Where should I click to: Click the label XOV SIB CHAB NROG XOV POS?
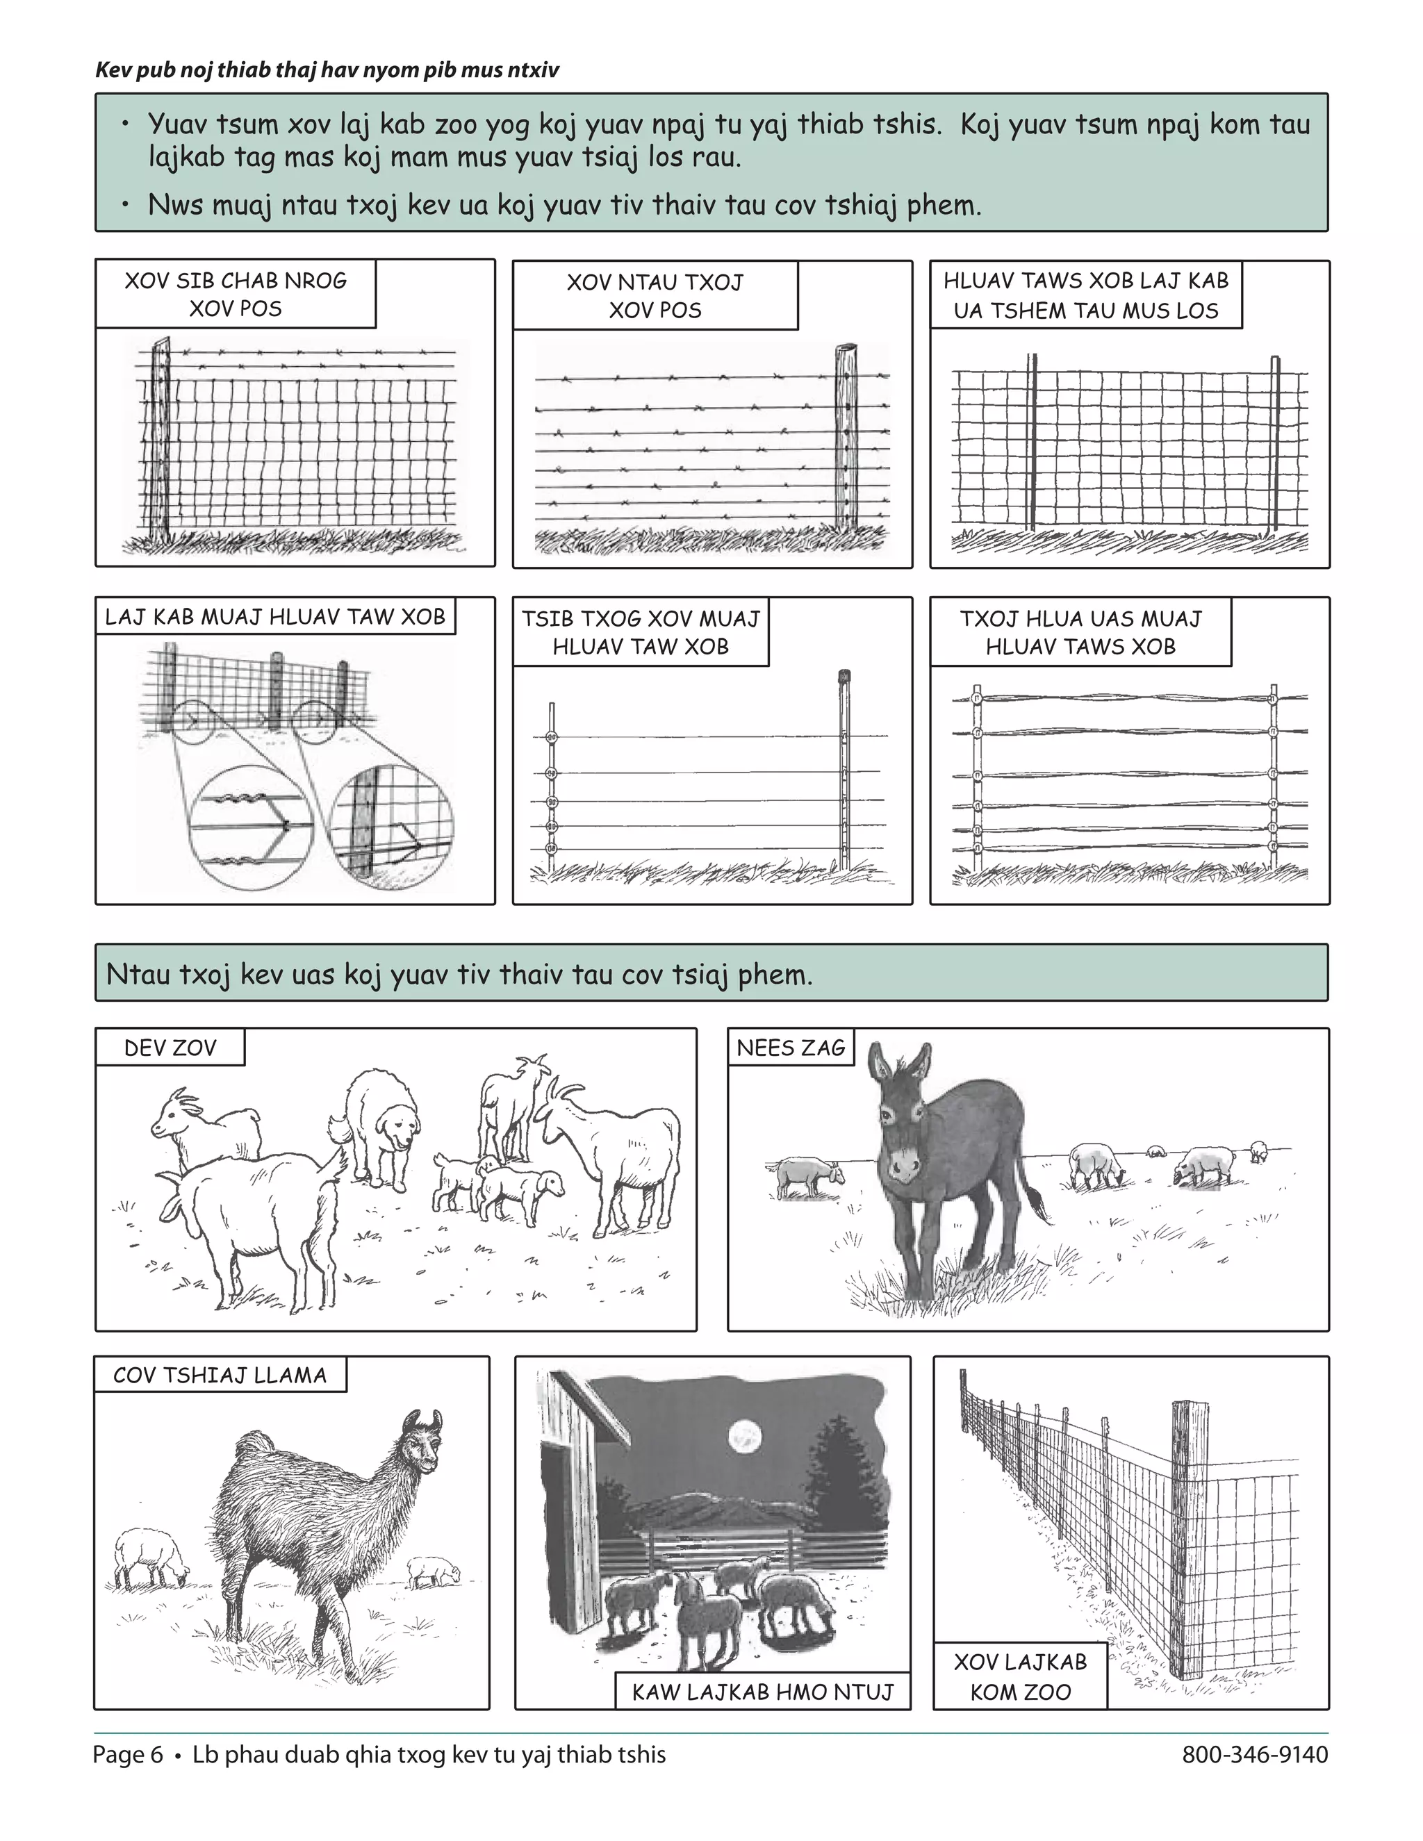point(236,294)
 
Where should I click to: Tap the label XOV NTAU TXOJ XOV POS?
point(655,296)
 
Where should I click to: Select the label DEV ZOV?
point(170,1048)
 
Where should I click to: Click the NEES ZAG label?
point(790,1048)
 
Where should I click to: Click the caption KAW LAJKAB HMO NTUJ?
point(762,1692)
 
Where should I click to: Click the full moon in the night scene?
point(744,1437)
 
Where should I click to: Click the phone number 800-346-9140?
point(1254,1755)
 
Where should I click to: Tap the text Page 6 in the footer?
point(127,1755)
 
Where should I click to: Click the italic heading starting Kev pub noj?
point(327,70)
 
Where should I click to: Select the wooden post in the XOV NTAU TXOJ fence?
point(846,438)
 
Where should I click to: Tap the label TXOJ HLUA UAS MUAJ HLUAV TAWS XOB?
point(1080,632)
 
